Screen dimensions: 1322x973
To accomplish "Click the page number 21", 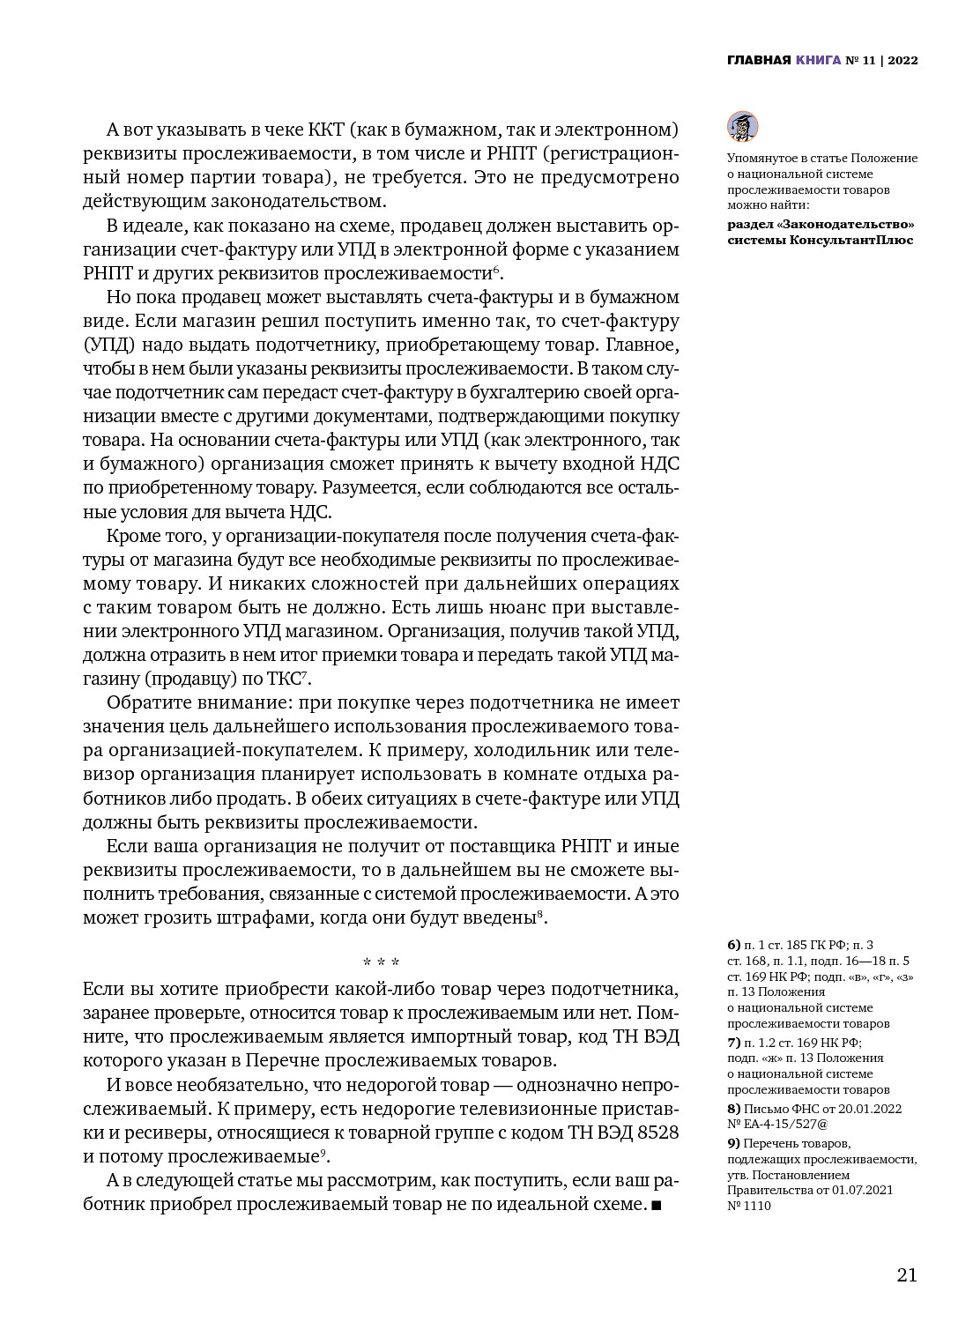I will (906, 1274).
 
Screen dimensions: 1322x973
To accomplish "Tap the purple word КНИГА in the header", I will (817, 61).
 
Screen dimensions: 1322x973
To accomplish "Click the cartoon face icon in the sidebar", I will (742, 127).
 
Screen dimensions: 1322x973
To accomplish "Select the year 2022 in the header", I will (902, 61).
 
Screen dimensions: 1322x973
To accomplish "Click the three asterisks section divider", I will (381, 962).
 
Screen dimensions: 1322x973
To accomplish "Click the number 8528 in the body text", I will (657, 1133).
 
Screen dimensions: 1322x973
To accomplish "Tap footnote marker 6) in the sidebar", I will (733, 945).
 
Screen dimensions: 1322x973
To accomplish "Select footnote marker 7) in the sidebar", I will (733, 1042).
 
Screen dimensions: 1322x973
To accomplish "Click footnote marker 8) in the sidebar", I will (733, 1109).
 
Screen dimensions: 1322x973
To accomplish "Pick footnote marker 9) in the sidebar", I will (733, 1143).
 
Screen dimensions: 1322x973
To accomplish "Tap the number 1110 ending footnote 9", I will (757, 1206).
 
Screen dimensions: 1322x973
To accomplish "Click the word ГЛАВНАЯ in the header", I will (758, 61).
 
